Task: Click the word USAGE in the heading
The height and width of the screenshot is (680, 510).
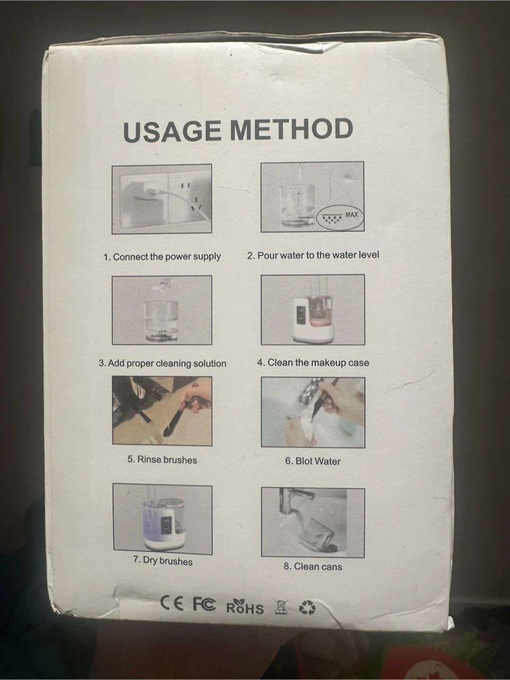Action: (x=172, y=131)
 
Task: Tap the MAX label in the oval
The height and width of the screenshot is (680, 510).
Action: (x=351, y=214)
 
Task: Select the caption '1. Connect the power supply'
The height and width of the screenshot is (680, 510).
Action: (x=162, y=257)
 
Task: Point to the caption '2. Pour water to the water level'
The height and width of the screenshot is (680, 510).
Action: (x=313, y=255)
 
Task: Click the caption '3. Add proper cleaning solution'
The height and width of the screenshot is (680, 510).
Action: (x=162, y=363)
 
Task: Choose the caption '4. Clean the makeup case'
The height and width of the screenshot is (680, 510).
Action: (x=313, y=363)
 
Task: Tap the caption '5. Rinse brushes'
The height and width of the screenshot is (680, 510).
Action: (x=162, y=460)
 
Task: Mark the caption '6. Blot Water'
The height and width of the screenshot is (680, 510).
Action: (x=313, y=461)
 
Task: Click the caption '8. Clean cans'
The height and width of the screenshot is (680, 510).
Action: (x=313, y=566)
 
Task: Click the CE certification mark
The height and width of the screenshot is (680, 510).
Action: (x=171, y=603)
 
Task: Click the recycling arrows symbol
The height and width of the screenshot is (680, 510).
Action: (x=307, y=607)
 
